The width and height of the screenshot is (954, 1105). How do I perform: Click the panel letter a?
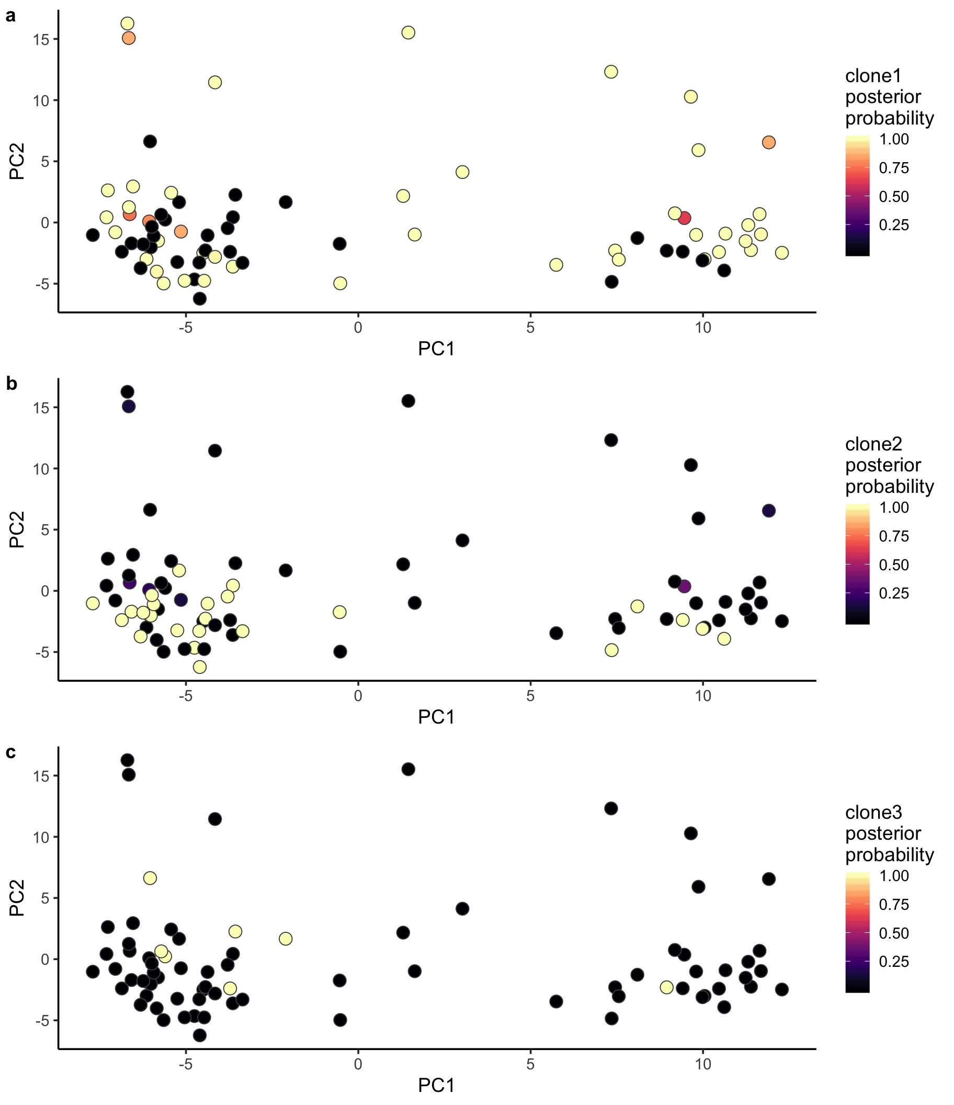tap(10, 17)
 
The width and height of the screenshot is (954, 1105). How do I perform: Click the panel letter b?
tap(11, 384)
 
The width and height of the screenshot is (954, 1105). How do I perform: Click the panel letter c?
tap(10, 752)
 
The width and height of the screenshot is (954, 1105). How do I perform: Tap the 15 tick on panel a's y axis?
tap(40, 39)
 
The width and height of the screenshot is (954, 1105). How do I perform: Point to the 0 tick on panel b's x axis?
tap(358, 695)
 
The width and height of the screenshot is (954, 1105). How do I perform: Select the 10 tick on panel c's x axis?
tap(703, 1064)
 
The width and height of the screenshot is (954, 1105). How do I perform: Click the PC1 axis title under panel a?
tap(436, 349)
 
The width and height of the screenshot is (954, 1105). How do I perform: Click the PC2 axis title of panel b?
tap(17, 529)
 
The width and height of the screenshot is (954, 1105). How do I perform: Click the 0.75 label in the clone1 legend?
tap(894, 168)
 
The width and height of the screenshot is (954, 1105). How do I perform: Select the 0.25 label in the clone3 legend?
tap(894, 961)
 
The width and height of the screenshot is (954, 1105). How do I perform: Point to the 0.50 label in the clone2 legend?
tap(894, 565)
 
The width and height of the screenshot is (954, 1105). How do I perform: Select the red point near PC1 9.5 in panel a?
tap(685, 218)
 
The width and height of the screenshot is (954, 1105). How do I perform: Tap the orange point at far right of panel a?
tap(768, 142)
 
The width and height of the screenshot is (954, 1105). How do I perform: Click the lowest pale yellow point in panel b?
tap(199, 667)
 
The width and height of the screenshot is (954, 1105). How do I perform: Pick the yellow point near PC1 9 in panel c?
tap(666, 987)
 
